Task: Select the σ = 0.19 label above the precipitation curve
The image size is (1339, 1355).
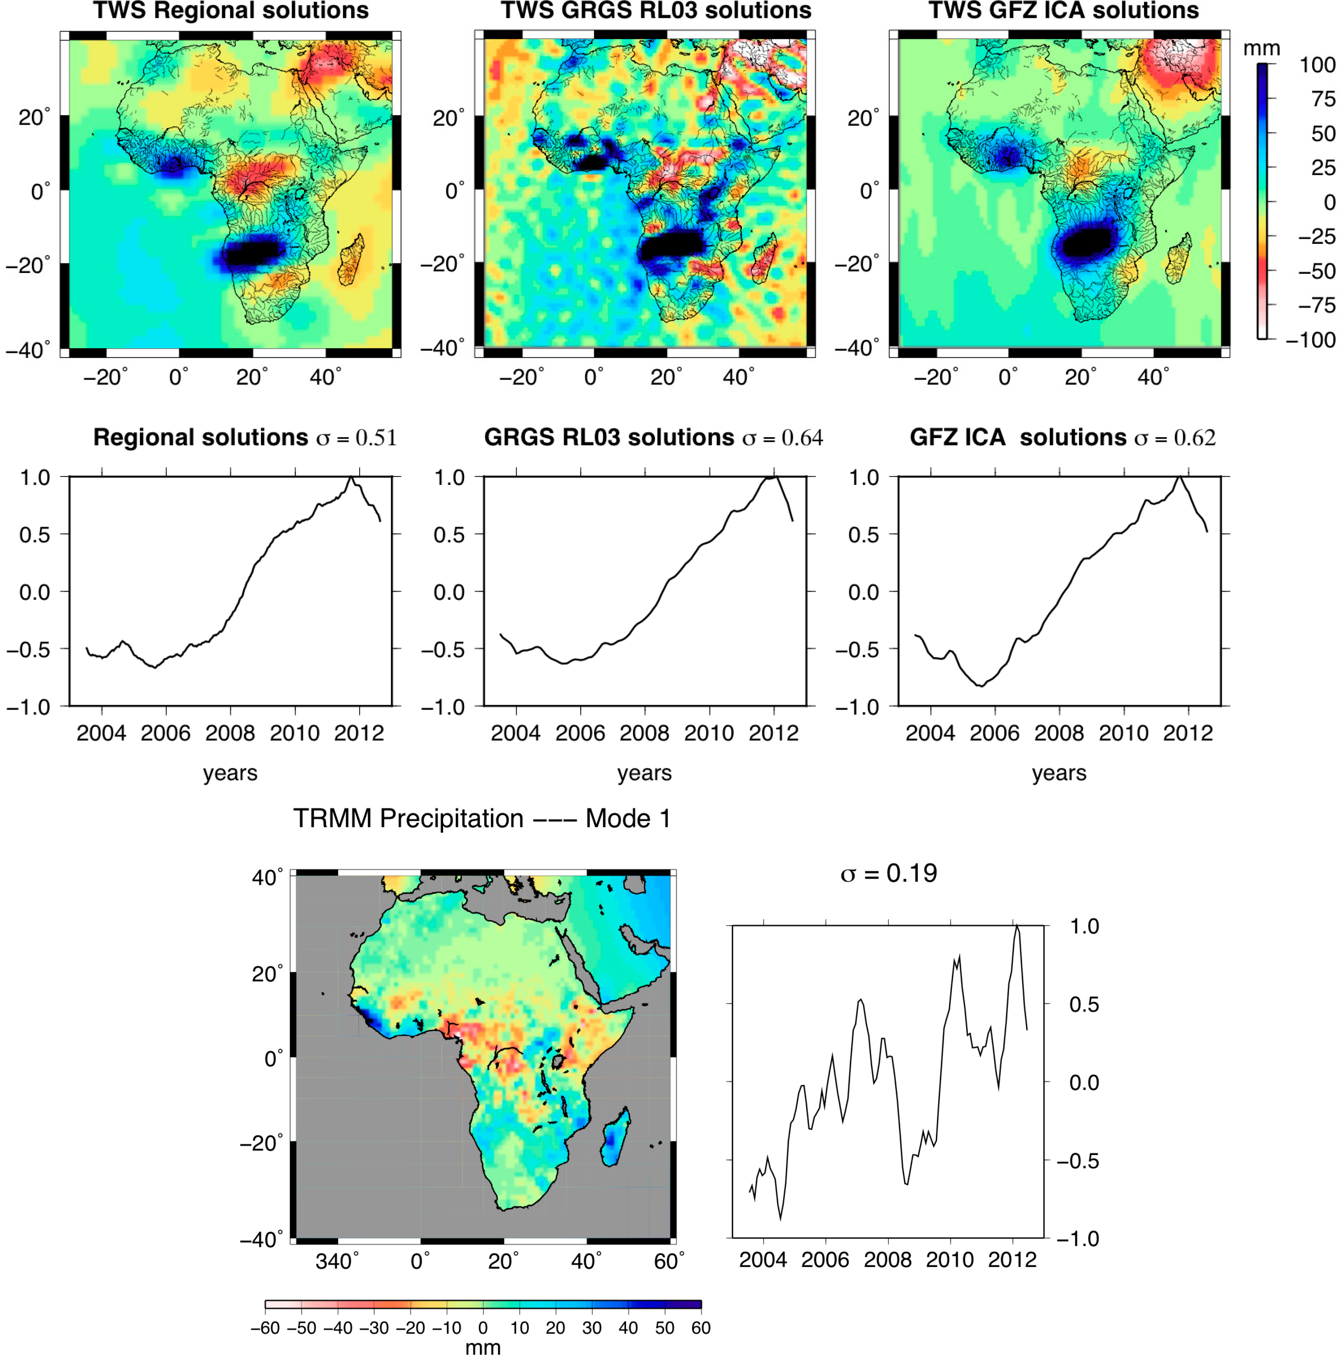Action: point(888,873)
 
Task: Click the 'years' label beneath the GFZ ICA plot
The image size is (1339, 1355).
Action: point(1059,773)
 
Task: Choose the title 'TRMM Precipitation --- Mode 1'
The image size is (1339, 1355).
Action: point(481,818)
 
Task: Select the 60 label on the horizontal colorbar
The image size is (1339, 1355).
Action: point(700,1328)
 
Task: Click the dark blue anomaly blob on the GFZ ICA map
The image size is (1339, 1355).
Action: point(1086,243)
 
